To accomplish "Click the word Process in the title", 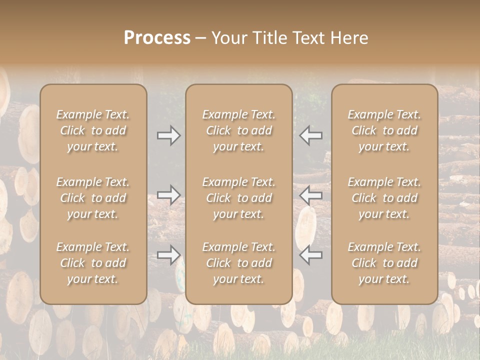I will click(157, 38).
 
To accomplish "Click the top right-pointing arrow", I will click(168, 135).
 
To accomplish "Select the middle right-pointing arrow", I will click(168, 194).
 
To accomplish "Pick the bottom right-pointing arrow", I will click(168, 255).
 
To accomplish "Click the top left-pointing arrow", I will click(311, 135).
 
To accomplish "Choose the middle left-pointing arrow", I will click(311, 194).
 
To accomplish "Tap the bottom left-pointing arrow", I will click(311, 255).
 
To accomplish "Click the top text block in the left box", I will click(93, 130).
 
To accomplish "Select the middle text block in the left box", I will click(93, 198).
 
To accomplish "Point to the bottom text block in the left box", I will click(93, 263).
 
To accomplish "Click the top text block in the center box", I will click(238, 130).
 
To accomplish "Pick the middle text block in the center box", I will click(238, 198).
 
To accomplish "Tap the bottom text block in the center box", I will click(238, 263).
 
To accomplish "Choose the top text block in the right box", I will click(384, 130).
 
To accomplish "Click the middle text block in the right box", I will click(384, 198).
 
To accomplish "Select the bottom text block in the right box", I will click(384, 263).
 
